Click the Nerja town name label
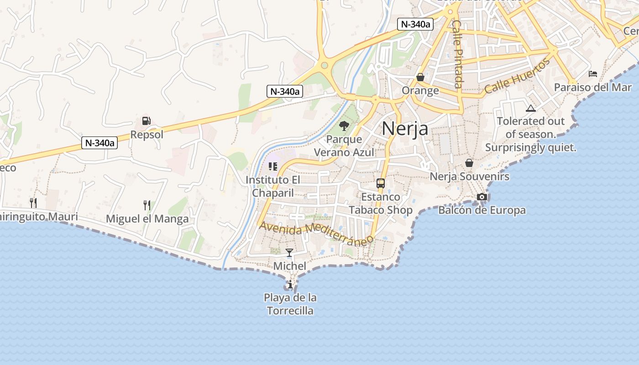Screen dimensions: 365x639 405,128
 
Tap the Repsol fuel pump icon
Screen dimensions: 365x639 147,121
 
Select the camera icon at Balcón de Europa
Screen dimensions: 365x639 482,197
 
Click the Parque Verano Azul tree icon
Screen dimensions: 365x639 344,125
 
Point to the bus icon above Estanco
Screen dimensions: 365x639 381,183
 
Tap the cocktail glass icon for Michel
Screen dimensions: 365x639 289,252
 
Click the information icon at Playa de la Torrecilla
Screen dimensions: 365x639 290,285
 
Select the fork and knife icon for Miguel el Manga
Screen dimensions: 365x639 147,205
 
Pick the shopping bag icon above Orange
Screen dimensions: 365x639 420,77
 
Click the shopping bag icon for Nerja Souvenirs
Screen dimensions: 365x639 469,163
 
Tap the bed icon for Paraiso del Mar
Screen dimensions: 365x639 593,73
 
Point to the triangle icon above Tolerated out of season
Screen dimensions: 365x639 530,109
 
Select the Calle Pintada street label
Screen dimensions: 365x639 458,54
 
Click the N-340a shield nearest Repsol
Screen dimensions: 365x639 100,143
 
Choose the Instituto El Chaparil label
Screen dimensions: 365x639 273,186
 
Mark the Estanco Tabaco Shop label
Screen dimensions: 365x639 381,203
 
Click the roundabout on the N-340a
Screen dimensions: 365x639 325,65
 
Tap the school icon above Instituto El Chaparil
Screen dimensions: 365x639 273,167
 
